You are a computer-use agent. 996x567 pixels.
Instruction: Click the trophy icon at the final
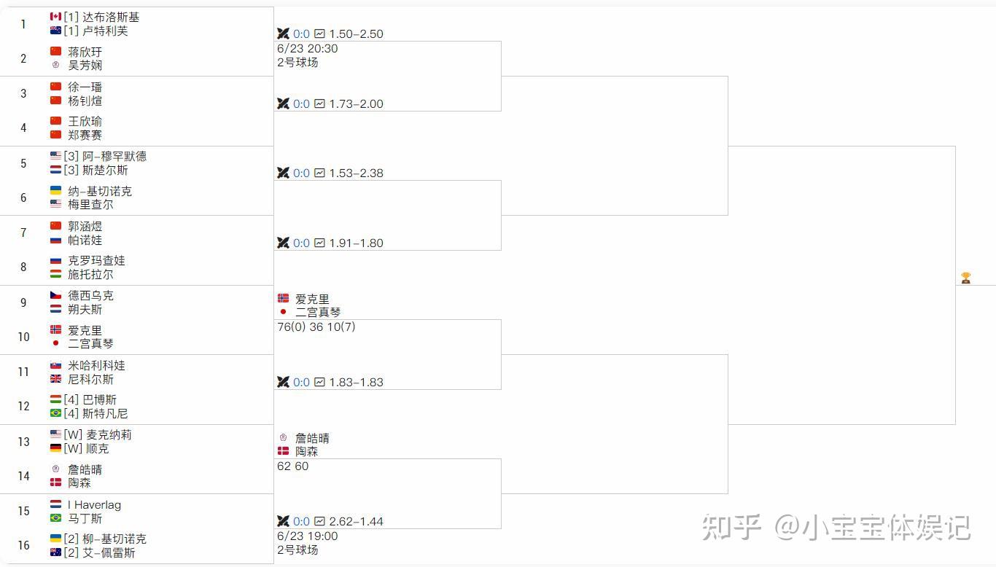pos(965,278)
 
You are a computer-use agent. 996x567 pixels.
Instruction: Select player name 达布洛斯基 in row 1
pos(110,17)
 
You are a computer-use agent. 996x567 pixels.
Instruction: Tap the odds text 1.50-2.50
pos(356,34)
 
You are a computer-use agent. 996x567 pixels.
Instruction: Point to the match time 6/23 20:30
pos(307,48)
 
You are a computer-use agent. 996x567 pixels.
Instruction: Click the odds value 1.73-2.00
pos(356,103)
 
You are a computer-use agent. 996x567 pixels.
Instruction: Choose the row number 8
pos(23,267)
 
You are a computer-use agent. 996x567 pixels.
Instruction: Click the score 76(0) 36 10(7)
pos(316,326)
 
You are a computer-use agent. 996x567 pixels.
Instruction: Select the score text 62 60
pos(292,466)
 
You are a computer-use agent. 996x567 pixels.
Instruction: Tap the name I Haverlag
pos(94,504)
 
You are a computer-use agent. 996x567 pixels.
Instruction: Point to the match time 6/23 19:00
pos(307,536)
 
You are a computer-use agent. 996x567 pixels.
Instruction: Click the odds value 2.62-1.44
pos(356,521)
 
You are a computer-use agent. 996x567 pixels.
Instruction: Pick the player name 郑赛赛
pos(85,135)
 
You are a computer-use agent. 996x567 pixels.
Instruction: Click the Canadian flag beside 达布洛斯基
pos(55,17)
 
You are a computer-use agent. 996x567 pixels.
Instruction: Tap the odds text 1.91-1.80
pos(356,243)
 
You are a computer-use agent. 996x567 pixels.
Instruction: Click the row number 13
pos(23,441)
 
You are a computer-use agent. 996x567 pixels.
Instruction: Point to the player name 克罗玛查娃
pos(96,260)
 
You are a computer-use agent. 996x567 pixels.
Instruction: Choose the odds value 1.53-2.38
pos(356,173)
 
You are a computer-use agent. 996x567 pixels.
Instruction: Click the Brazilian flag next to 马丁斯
pos(55,518)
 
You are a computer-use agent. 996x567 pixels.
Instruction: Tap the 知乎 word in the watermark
pos(731,526)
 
